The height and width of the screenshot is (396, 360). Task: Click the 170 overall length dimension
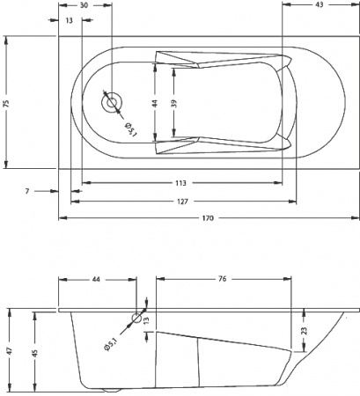pyautogui.click(x=209, y=217)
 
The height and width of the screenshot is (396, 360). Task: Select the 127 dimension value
pyautogui.click(x=180, y=202)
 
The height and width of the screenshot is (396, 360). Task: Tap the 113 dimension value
pyautogui.click(x=180, y=185)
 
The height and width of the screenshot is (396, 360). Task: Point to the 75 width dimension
pyautogui.click(x=7, y=103)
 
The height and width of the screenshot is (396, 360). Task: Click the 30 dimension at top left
pyautogui.click(x=84, y=6)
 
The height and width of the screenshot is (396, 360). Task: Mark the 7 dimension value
pyautogui.click(x=27, y=189)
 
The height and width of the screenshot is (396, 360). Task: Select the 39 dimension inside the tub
pyautogui.click(x=174, y=103)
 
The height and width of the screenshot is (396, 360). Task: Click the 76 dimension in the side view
pyautogui.click(x=223, y=279)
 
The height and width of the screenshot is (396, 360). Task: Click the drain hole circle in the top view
pyautogui.click(x=111, y=103)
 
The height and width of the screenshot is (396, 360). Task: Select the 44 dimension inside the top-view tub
pyautogui.click(x=155, y=103)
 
